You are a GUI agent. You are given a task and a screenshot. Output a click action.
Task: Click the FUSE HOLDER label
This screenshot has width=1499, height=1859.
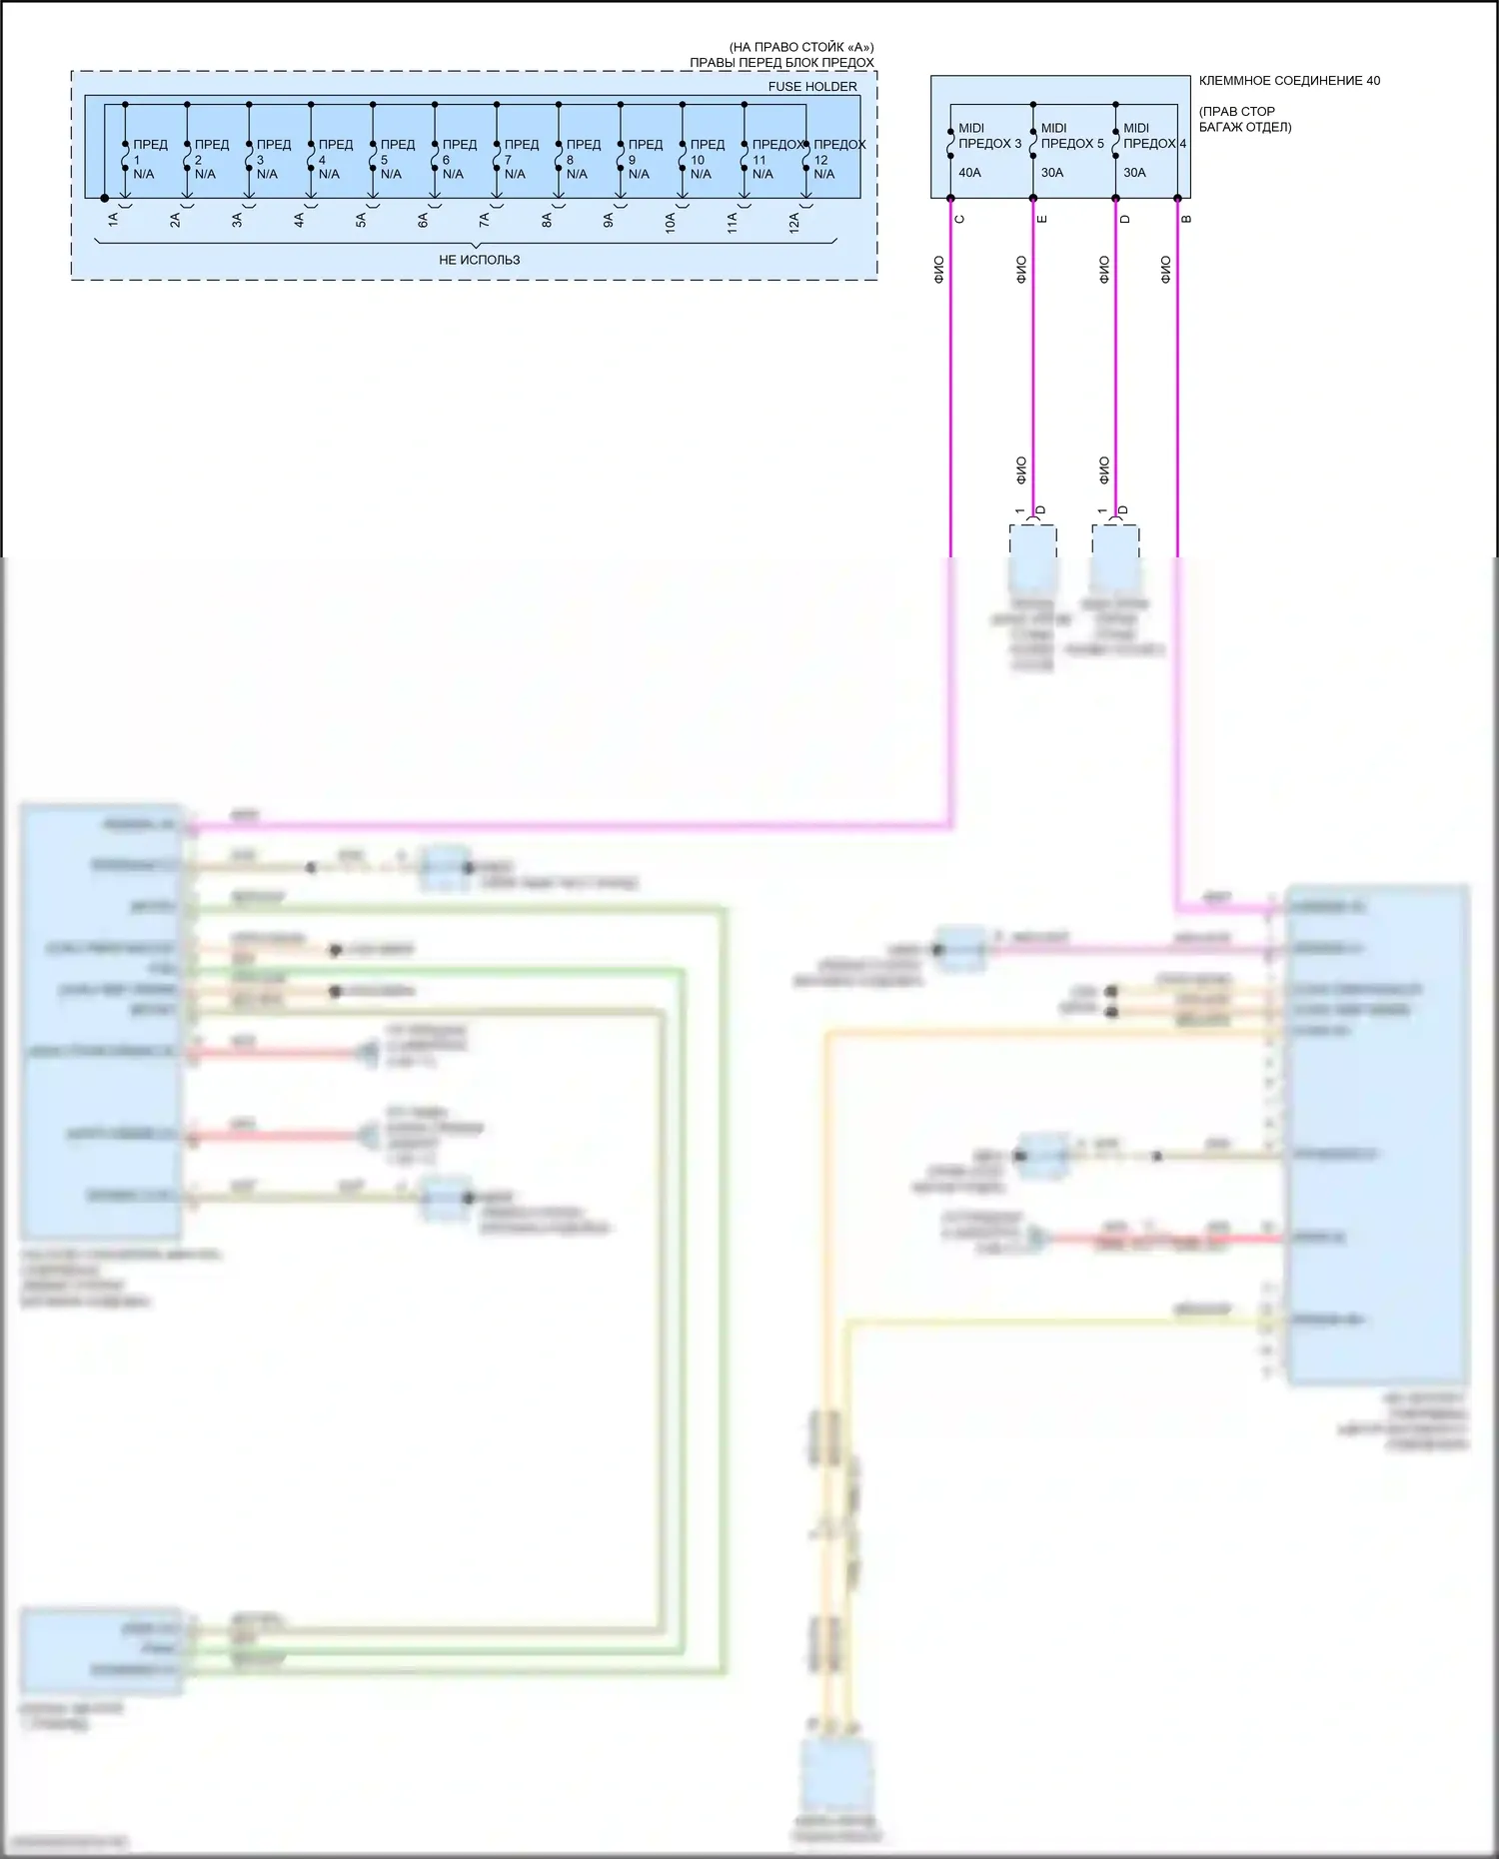(811, 87)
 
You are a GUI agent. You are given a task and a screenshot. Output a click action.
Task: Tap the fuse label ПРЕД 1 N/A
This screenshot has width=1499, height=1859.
(149, 159)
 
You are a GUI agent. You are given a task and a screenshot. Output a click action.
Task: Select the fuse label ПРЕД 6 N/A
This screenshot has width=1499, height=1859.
(459, 159)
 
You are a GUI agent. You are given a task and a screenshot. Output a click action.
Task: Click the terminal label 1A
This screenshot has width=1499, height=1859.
(113, 220)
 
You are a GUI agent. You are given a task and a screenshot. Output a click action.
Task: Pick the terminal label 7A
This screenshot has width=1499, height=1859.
(485, 220)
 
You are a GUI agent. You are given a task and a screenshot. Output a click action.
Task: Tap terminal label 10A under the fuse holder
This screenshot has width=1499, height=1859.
(671, 222)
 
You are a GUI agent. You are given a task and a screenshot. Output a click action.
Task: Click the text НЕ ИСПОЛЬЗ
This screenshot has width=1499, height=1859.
(479, 260)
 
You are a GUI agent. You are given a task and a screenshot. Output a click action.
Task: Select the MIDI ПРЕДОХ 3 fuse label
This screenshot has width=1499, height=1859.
(988, 136)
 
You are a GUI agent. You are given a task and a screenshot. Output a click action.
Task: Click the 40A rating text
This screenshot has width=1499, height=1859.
(969, 173)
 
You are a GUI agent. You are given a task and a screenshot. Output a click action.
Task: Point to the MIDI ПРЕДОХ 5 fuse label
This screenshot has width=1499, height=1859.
(1071, 136)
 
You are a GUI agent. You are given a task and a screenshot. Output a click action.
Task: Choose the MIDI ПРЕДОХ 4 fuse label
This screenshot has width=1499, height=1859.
(1153, 136)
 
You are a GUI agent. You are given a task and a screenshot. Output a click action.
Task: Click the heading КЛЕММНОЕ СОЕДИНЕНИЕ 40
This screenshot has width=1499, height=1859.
(1289, 81)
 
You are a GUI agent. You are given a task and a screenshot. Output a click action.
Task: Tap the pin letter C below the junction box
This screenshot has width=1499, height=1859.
(960, 219)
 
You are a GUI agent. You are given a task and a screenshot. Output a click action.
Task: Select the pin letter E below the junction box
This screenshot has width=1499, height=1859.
(1043, 219)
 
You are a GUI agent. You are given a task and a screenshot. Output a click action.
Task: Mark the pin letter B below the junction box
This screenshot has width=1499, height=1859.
(1187, 219)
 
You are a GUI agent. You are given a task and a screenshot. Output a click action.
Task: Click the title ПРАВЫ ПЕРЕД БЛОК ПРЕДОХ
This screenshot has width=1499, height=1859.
(781, 62)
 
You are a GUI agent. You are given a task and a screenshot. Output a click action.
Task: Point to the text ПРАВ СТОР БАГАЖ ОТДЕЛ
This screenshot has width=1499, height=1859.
(1245, 119)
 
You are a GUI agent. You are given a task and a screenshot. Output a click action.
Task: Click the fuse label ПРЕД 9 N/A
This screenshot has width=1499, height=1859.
(645, 159)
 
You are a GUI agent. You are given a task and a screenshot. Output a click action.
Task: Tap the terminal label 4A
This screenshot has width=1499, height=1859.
(299, 220)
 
